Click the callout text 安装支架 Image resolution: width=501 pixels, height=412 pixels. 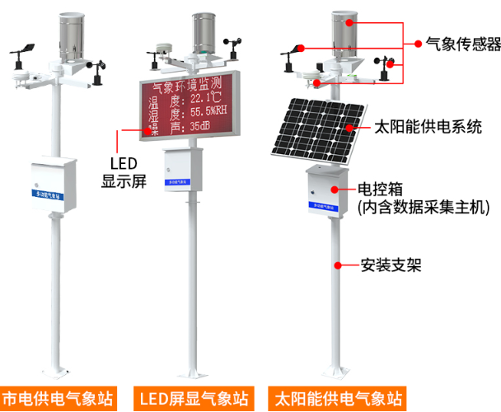[391, 265]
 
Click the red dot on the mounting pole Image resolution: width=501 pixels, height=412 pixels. [338, 265]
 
